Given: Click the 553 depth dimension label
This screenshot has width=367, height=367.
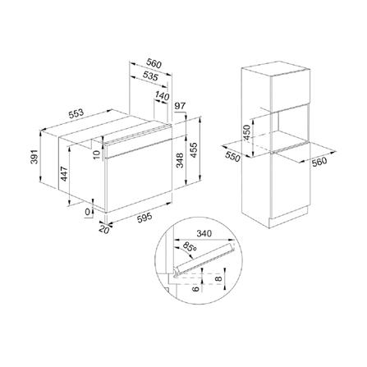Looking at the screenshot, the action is tap(76, 114).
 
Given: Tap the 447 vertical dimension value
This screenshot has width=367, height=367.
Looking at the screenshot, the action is tap(64, 173).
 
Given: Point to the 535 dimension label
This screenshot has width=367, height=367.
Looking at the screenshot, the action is tap(151, 76).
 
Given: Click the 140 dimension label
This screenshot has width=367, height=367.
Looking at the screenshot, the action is tap(163, 95).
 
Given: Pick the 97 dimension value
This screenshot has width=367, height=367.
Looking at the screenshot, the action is tap(180, 106).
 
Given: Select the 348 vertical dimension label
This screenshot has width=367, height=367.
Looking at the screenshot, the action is tap(180, 160).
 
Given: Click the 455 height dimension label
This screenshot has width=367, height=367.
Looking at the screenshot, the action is tap(194, 150).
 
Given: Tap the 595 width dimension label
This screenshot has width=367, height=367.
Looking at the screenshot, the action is tap(144, 218).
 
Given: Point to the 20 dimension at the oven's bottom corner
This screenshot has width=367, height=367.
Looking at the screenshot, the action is tap(104, 229).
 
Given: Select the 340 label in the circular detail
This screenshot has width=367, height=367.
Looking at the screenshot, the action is tap(204, 233).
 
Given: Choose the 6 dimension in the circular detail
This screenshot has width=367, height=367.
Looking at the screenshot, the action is tap(195, 288).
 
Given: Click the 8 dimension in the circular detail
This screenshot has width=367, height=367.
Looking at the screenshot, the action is tap(218, 279).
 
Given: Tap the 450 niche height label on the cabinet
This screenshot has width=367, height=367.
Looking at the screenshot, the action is tap(247, 132).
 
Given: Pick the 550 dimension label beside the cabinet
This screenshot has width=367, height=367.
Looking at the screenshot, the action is tap(232, 157).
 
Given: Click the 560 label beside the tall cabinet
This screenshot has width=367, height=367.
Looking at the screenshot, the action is tap(319, 162).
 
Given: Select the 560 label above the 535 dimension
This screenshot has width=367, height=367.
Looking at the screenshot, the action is tap(154, 63).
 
